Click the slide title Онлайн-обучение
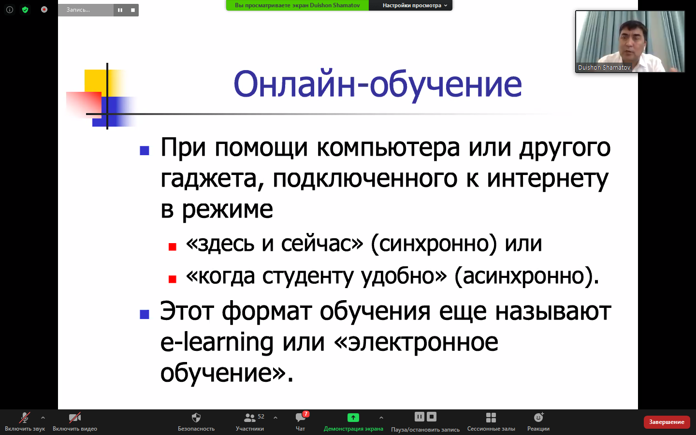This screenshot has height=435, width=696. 377,85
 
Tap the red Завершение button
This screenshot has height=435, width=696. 667,421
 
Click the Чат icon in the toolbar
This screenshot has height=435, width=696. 301,417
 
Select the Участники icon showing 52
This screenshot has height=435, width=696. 249,418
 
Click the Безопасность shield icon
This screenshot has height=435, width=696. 196,418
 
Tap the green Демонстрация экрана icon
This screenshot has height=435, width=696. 353,418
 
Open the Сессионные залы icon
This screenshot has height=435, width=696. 491,418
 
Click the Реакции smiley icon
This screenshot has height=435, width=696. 538,417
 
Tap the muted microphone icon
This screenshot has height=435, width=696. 25,418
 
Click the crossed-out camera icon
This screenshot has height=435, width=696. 75,418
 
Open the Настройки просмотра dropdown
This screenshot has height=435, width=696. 415,5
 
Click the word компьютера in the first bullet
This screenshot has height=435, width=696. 388,147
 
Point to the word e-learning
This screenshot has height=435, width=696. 217,342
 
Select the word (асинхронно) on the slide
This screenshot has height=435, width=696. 527,276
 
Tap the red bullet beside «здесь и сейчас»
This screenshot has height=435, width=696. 173,246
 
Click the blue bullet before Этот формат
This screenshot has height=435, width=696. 145,315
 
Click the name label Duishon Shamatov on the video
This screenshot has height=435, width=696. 604,68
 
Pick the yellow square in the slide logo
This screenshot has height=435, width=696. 95,81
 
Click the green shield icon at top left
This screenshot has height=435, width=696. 25,10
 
